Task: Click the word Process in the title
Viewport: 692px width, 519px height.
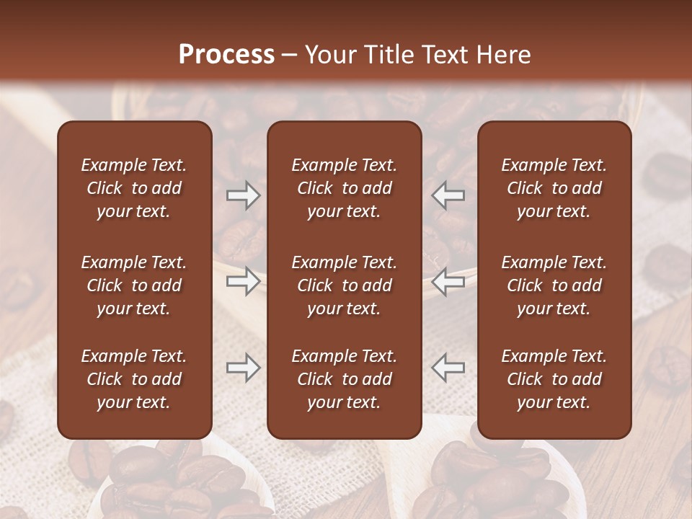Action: [226, 55]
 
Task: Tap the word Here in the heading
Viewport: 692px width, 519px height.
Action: [502, 55]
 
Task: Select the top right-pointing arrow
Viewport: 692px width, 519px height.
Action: [244, 195]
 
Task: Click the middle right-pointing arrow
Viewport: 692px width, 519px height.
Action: [244, 281]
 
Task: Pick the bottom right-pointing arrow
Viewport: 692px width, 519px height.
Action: [244, 368]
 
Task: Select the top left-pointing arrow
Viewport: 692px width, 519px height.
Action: [448, 195]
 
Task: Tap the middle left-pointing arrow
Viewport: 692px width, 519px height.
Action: [448, 281]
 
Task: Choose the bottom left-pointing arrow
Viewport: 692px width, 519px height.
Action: [448, 368]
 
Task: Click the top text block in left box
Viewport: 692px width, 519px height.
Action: [134, 188]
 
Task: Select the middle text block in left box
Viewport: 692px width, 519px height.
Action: [134, 285]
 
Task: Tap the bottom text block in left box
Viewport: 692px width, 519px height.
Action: [134, 379]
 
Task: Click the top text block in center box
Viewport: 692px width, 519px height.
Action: [345, 188]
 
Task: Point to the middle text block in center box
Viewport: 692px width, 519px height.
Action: [345, 285]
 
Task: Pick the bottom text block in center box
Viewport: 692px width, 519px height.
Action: [345, 379]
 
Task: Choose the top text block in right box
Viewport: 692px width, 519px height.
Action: [554, 188]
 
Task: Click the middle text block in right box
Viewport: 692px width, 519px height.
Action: [554, 285]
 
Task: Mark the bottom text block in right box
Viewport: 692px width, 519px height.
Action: [554, 379]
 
